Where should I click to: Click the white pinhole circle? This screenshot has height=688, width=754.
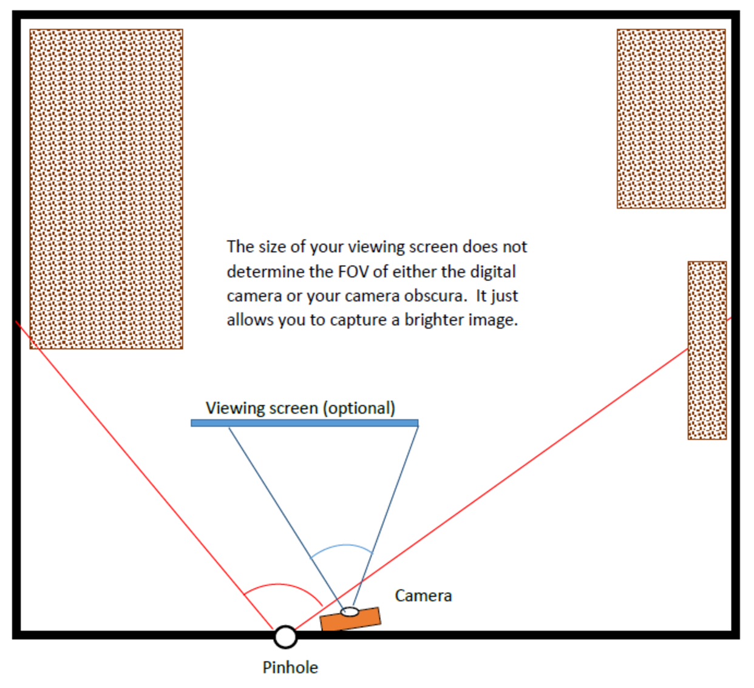pos(285,636)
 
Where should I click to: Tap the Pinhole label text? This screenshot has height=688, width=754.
pos(290,667)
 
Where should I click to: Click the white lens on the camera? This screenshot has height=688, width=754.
pos(349,612)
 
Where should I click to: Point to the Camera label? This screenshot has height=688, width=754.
pos(423,596)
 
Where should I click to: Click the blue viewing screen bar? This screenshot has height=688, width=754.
pos(304,423)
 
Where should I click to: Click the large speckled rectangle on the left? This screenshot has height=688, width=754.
pos(106,189)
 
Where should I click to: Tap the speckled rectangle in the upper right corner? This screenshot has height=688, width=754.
pos(671,119)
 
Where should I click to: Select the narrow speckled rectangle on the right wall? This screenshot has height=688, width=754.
pos(707,350)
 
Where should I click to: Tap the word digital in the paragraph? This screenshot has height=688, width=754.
pos(493,271)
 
